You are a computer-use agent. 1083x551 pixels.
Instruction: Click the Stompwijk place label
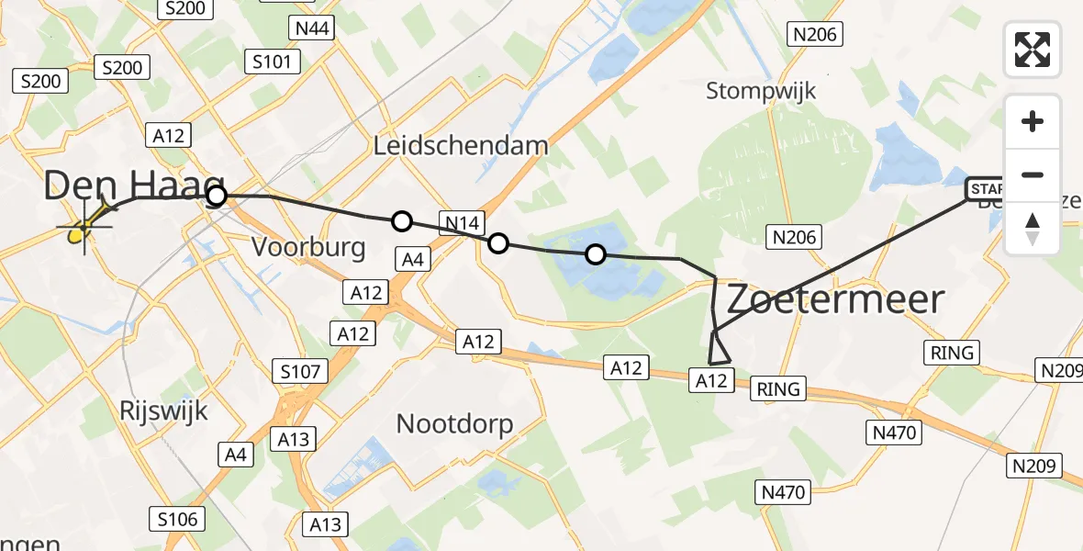pos(761,91)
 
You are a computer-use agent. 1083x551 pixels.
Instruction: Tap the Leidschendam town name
pos(461,145)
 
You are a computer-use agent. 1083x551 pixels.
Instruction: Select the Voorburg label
pos(307,247)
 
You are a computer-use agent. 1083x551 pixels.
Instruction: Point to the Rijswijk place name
pos(164,410)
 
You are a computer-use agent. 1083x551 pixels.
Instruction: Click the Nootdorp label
pos(454,423)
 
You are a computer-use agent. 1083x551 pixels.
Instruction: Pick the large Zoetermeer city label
pos(835,299)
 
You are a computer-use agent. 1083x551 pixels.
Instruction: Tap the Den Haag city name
pos(134,187)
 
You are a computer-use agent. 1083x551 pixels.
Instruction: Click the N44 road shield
pos(312,28)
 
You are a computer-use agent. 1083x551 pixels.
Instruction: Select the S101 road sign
pos(273,62)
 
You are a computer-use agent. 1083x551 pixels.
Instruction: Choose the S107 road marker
pos(300,371)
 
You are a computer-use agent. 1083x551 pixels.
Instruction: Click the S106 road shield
pos(176,519)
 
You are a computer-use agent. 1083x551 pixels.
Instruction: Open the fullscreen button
pos(1033,50)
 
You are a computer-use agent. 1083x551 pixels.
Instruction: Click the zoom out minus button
pos(1033,175)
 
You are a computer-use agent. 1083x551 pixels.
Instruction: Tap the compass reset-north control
pos(1033,228)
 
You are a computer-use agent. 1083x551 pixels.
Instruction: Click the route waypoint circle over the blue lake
pos(596,254)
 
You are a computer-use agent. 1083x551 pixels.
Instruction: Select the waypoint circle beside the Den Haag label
pos(216,196)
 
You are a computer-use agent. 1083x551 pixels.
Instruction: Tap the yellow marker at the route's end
pos(81,231)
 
